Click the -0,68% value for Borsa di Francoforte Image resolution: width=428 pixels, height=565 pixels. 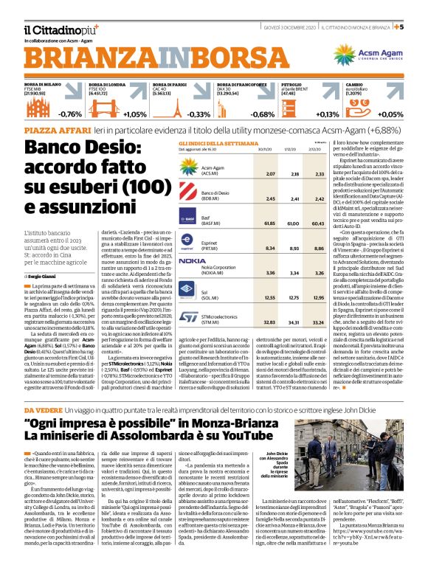[263, 115]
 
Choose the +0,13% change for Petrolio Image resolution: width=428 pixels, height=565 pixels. [327, 115]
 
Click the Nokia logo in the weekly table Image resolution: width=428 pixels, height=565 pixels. [192, 261]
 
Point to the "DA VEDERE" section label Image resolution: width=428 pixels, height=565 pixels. [44, 409]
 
